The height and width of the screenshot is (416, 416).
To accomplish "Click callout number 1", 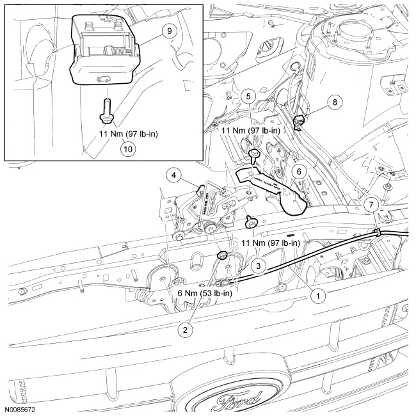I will pyautogui.click(x=315, y=296).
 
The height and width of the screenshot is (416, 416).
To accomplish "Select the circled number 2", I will pyautogui.click(x=184, y=330).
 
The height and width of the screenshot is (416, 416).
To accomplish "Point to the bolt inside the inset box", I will pyautogui.click(x=105, y=106).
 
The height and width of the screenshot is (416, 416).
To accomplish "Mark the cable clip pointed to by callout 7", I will pyautogui.click(x=378, y=231).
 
